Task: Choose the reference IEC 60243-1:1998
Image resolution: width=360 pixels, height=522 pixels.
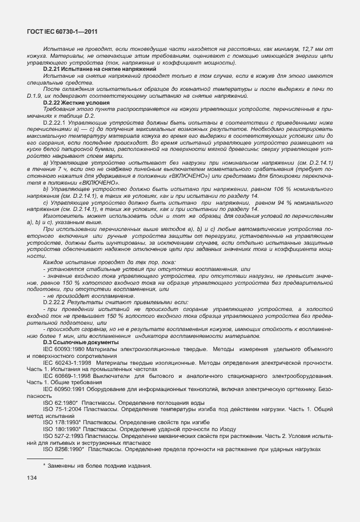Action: point(67,362)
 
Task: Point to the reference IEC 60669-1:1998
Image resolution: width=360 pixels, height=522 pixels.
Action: point(67,376)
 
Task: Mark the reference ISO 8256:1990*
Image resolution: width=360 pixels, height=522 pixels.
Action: point(63,449)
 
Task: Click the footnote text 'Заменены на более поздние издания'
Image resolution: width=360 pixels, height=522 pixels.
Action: point(100,465)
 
